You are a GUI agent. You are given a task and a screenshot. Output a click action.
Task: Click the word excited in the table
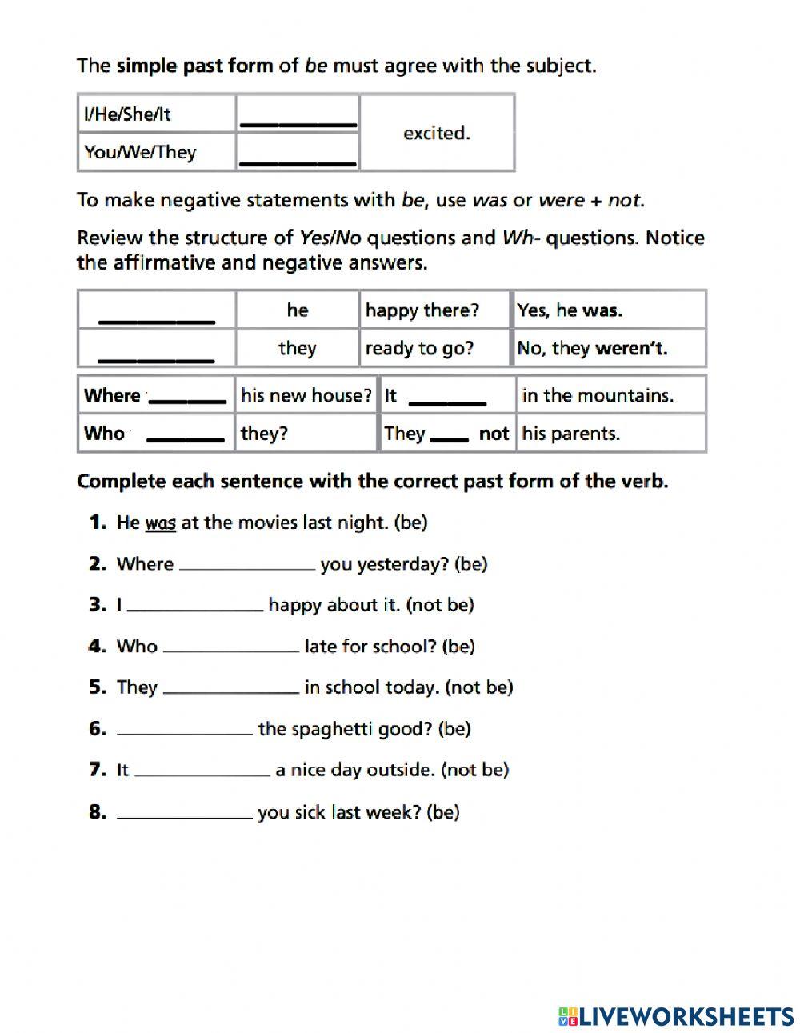pos(436,133)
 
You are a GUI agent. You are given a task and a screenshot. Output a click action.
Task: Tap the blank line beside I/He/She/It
pos(298,122)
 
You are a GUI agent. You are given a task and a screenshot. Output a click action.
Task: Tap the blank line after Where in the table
pos(188,400)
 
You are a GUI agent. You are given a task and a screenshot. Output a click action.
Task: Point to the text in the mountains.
pos(598,395)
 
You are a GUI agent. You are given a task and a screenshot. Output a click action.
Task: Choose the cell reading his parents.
pos(570,434)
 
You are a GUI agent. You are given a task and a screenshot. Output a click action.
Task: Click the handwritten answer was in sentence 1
pos(160,523)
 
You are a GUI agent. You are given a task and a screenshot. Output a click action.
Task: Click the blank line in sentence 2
pos(246,567)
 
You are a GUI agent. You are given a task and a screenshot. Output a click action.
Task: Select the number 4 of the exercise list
pos(97,646)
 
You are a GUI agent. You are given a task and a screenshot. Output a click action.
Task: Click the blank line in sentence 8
pos(184,815)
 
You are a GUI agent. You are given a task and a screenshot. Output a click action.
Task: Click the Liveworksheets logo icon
pos(567,1016)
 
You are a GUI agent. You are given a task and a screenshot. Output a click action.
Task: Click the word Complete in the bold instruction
pos(114,482)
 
